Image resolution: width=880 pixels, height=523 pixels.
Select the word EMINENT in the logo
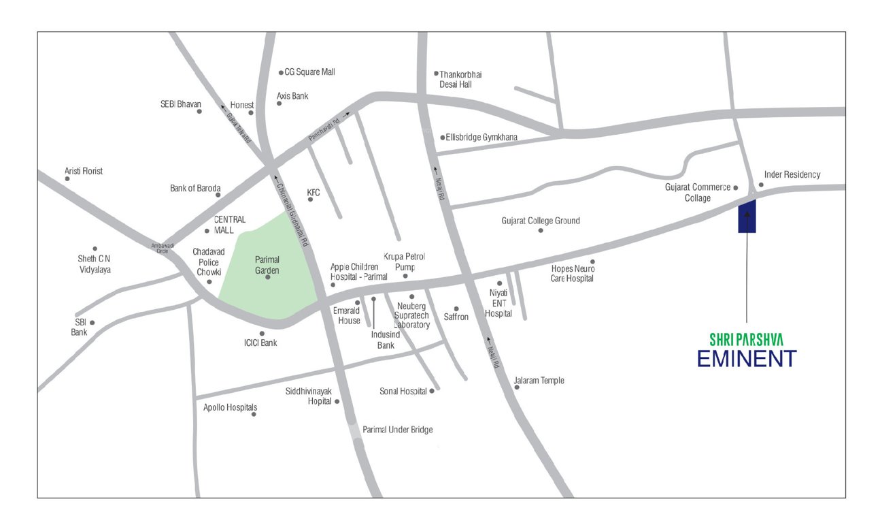[x=746, y=358]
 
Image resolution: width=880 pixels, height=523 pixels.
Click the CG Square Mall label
[x=309, y=72]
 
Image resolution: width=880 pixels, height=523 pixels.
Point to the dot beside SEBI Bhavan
[x=199, y=112]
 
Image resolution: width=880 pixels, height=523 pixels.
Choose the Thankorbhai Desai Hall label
[x=460, y=79]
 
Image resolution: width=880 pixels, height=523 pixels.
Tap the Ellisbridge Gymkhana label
[x=481, y=137]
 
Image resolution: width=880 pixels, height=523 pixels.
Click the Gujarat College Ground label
[x=541, y=221]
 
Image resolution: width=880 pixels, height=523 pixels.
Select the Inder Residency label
[x=792, y=174]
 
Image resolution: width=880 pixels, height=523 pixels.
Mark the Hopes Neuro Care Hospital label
[x=572, y=273]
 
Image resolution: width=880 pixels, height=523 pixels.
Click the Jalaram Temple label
[x=539, y=380]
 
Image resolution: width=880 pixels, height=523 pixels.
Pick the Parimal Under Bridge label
[x=397, y=430]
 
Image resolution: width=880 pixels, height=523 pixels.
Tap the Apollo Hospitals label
[x=231, y=407]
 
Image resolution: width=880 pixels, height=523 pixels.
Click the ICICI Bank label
[x=260, y=343]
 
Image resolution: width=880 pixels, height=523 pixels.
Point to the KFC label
[x=313, y=193]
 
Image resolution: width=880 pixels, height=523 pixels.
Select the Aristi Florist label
[x=84, y=171]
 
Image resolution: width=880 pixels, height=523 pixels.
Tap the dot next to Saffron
[x=456, y=308]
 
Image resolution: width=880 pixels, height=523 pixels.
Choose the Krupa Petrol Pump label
[x=405, y=261]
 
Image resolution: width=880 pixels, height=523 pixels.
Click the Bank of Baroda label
[x=195, y=188]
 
